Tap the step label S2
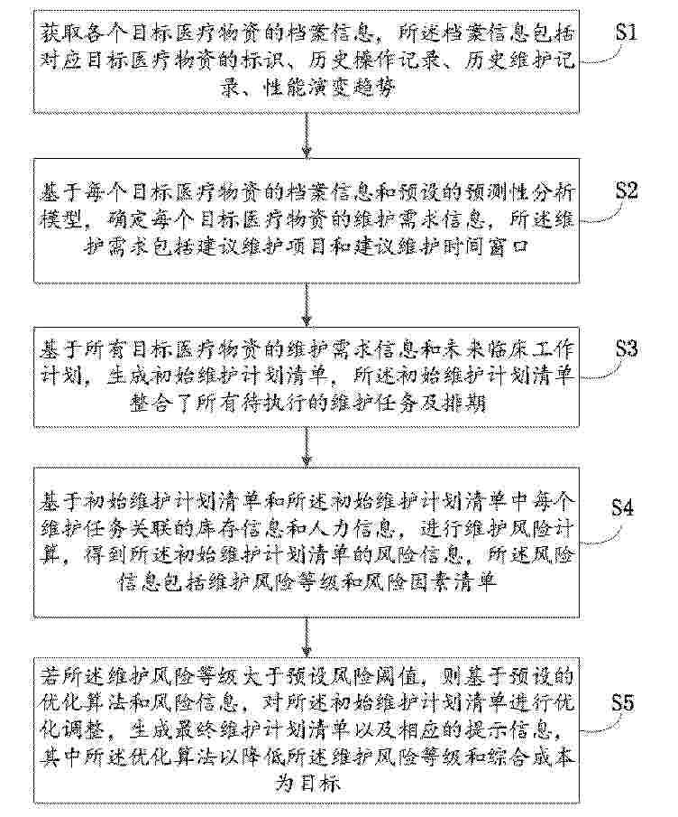coord(627,190)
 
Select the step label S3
coord(627,348)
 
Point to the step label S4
coord(622,507)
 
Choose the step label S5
coord(622,703)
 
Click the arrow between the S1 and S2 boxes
coord(307,135)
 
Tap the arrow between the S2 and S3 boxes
coord(307,305)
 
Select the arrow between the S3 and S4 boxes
coord(307,447)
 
